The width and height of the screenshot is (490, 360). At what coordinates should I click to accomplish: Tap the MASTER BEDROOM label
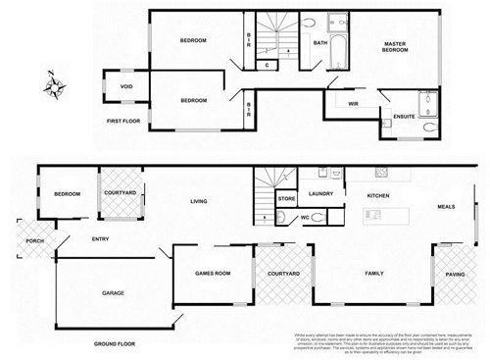coord(395,48)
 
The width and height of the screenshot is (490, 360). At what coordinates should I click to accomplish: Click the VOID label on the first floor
coord(126,86)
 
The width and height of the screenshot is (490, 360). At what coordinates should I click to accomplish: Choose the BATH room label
coord(319,43)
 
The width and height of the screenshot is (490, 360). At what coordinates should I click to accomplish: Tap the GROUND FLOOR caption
coord(114,344)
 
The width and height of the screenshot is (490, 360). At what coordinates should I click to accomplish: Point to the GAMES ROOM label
coord(213,274)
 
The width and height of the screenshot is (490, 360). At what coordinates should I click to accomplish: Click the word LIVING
coord(199,201)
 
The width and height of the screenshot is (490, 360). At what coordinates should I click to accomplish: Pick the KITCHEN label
coord(379,196)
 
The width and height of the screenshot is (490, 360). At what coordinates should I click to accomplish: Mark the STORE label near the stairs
coord(286,199)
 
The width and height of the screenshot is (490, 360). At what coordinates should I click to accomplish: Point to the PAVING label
coord(455,275)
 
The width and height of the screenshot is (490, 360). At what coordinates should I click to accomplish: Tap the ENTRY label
coord(100,238)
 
